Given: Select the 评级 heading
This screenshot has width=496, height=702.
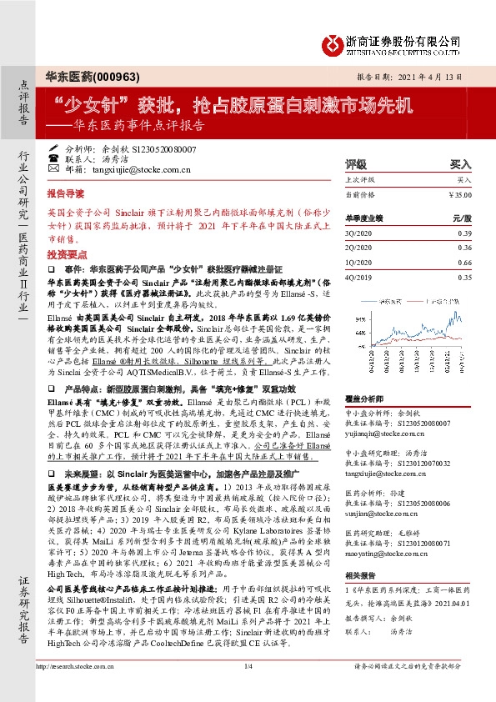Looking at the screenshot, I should tap(356, 164).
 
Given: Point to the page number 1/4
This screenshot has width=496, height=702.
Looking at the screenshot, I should tap(248, 689).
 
